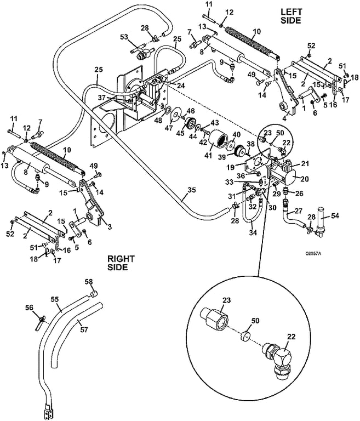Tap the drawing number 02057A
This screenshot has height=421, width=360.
pos(317,254)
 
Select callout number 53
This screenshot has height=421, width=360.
pos(124,37)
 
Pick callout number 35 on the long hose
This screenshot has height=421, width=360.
pos(191,191)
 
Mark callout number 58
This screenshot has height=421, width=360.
pos(88,281)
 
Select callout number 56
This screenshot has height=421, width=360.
pos(30,308)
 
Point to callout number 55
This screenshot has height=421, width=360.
pos(55,299)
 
